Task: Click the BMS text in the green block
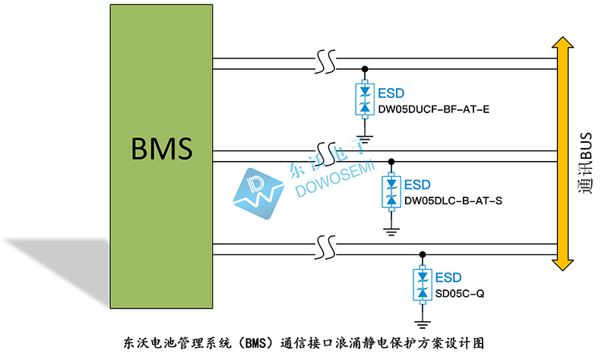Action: click(162, 147)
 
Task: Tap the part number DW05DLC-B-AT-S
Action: click(454, 201)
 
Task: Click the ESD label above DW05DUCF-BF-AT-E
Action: click(391, 93)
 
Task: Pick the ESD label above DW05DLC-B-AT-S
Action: click(417, 185)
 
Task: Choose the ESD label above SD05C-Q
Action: click(448, 277)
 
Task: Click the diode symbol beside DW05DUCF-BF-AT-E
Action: click(365, 99)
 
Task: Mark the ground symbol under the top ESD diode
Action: click(365, 138)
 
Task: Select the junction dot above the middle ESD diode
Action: click(391, 161)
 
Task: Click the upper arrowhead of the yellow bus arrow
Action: click(563, 45)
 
